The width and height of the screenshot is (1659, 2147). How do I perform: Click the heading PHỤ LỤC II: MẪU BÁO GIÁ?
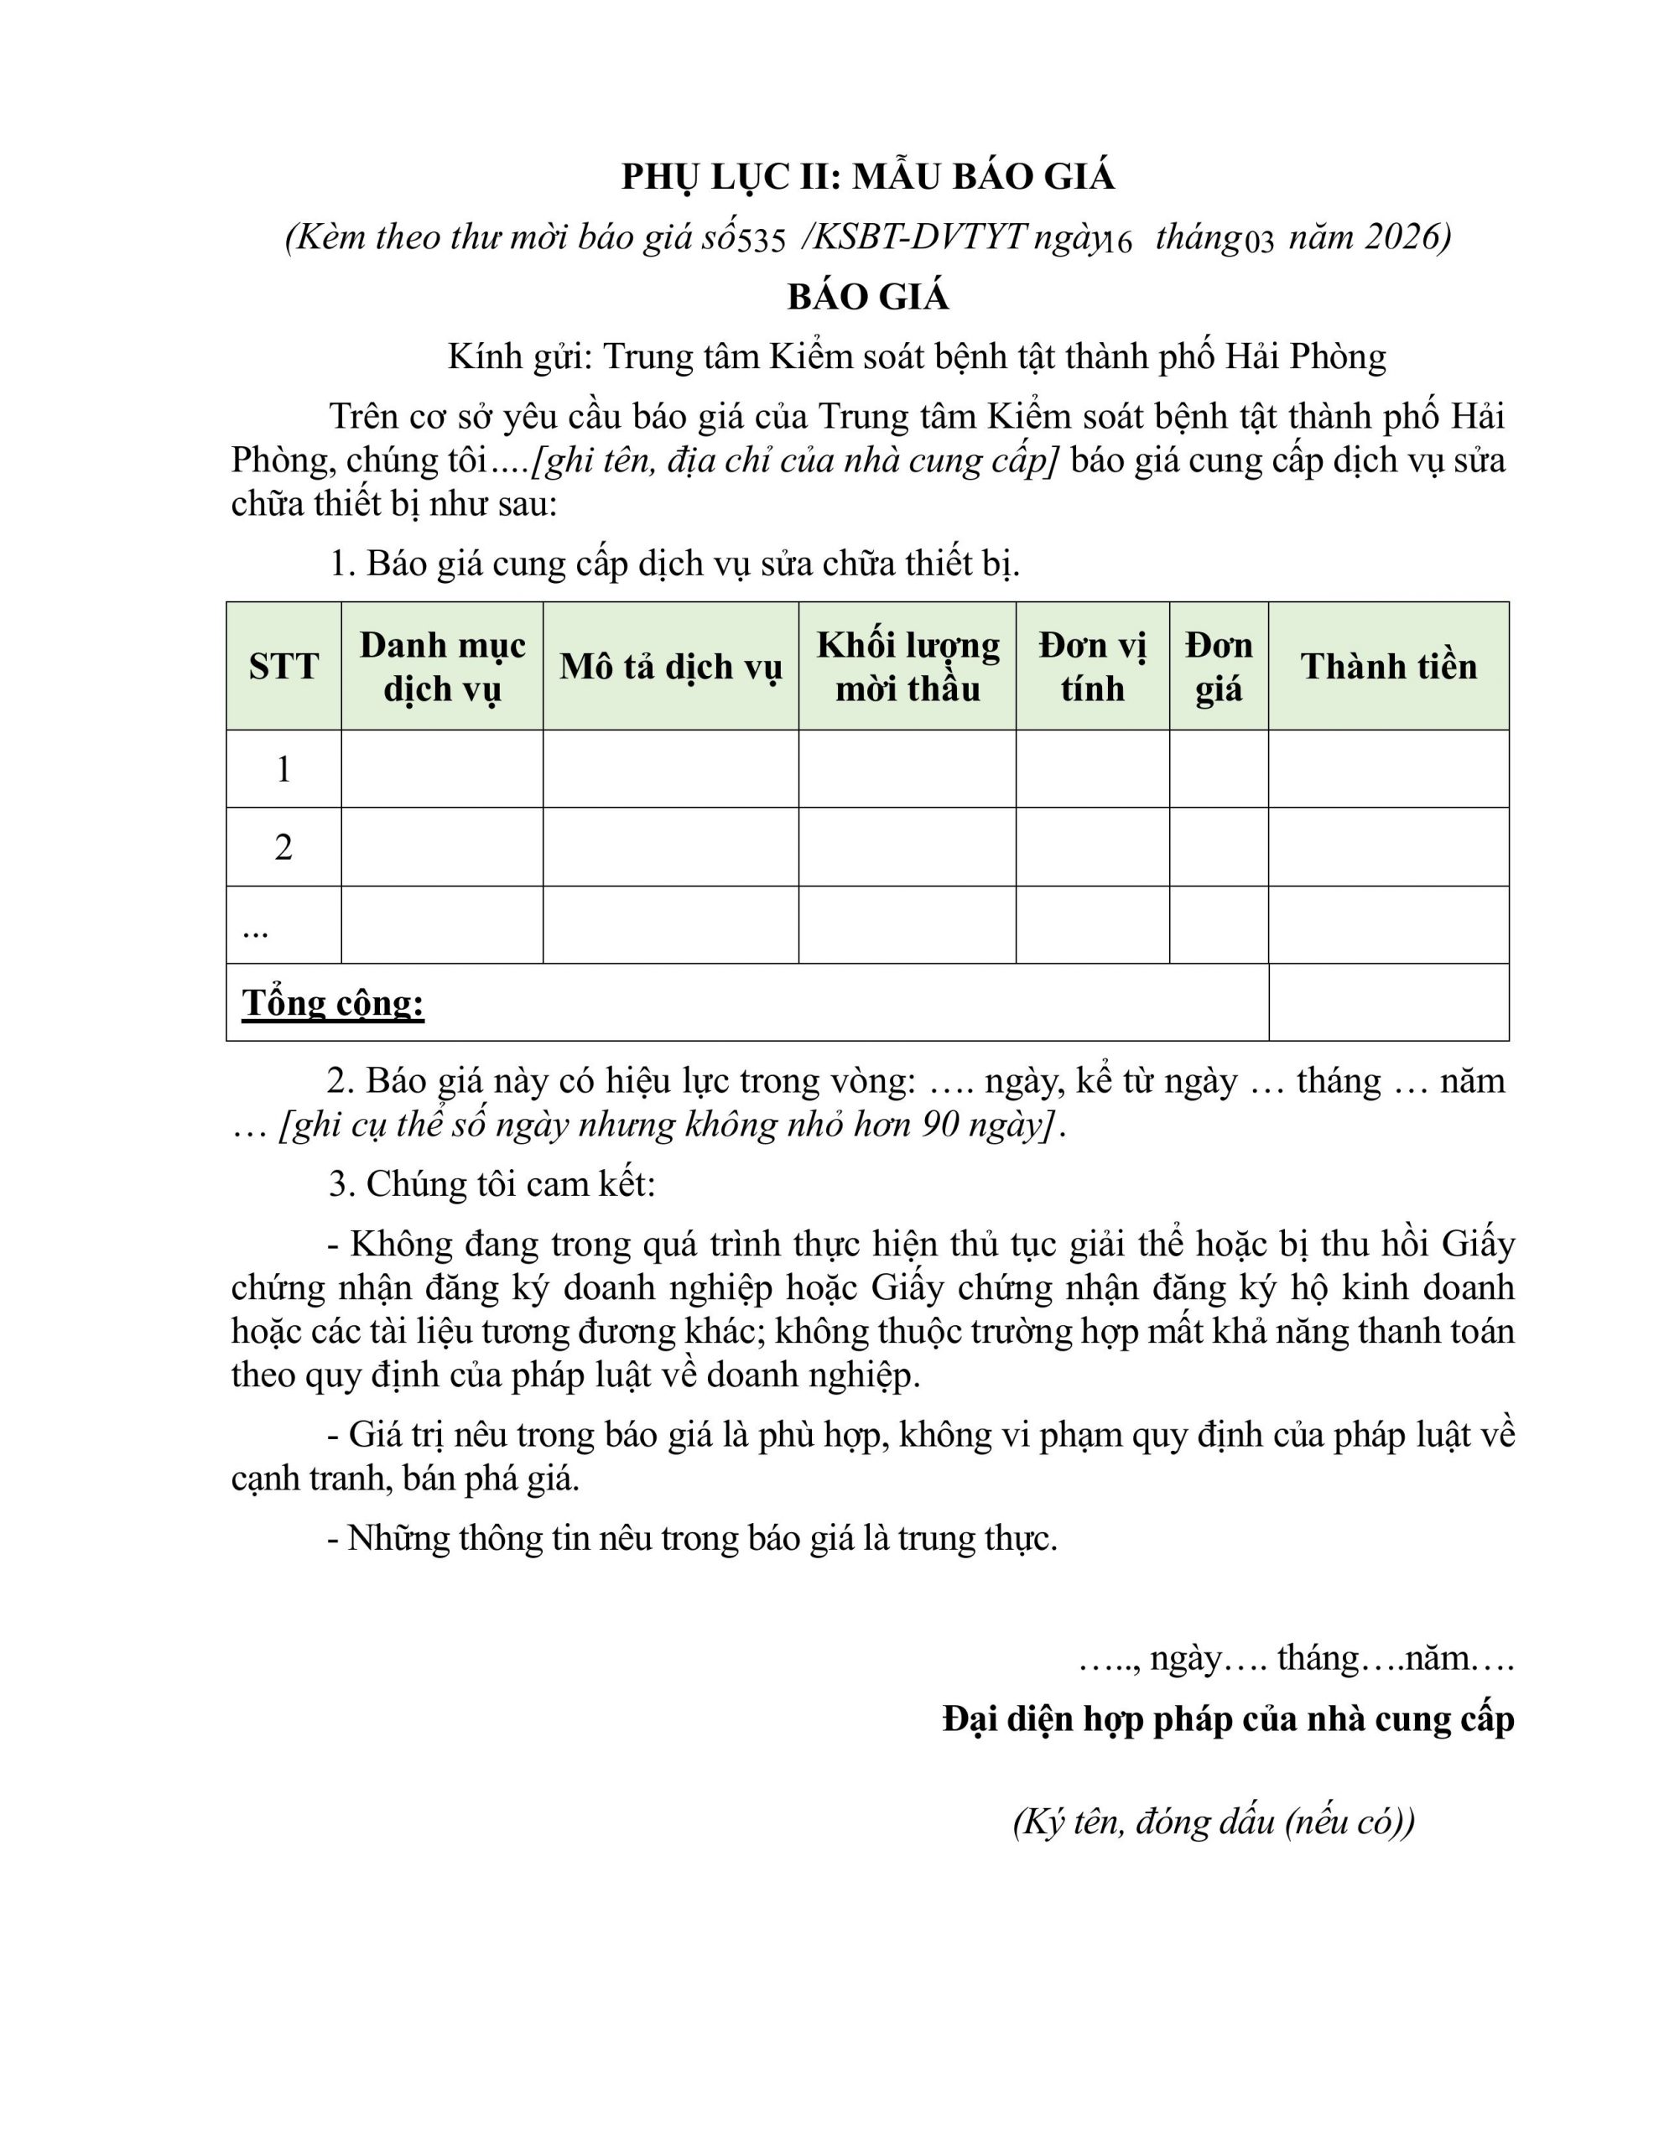867,177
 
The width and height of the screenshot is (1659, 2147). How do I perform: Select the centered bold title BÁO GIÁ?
867,297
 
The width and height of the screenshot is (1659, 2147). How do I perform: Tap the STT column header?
283,667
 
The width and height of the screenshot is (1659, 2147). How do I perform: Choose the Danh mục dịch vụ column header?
443,667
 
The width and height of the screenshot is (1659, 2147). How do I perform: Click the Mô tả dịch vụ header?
671,667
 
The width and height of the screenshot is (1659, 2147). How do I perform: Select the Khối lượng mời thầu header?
908,667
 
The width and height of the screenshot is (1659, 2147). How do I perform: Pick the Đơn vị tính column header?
1093,667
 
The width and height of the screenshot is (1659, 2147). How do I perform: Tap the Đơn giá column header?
1219,667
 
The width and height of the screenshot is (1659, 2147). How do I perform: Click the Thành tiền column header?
1389,667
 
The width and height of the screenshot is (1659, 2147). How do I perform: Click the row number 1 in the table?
283,769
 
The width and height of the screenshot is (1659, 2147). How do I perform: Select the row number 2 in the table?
283,847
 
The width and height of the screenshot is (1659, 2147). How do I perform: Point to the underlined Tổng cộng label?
333,1003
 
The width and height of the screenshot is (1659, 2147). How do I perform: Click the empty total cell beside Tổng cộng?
1389,1003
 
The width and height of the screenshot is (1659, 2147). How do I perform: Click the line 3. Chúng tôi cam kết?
491,1183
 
